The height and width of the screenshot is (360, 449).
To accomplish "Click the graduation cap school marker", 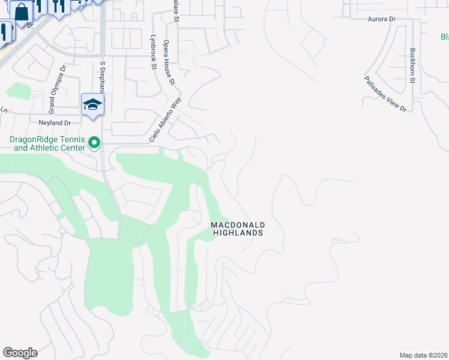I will [x=93, y=104].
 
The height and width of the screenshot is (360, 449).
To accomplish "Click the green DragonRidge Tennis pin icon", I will [x=94, y=143].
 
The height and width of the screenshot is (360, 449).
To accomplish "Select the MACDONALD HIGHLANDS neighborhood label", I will [x=238, y=229].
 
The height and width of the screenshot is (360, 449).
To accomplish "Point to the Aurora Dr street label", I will [x=382, y=19].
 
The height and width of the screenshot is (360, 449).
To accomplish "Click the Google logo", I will [x=20, y=353].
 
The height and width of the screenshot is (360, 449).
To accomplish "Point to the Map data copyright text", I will [x=423, y=355].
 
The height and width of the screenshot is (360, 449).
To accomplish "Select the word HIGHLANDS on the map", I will [x=238, y=233].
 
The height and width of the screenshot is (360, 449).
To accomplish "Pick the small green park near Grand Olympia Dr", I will [x=18, y=91].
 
